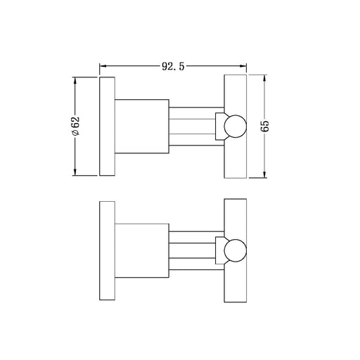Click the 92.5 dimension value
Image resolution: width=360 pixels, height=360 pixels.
(173, 67)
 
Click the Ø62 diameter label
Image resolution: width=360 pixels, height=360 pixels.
(75, 126)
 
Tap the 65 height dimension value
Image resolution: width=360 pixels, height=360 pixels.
(265, 127)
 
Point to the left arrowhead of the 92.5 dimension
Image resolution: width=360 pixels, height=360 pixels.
(103, 66)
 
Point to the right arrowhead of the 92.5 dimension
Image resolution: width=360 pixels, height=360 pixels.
(243, 66)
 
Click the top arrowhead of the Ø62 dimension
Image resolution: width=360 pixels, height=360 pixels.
(75, 81)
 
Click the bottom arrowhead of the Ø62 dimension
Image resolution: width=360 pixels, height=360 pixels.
(75, 172)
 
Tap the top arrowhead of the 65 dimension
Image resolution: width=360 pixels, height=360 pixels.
(264, 78)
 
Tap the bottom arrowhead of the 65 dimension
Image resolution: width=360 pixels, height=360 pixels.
(264, 174)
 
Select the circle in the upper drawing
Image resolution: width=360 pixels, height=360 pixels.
(236, 115)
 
